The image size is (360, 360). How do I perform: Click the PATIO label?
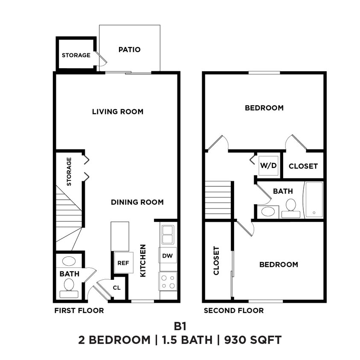click(129, 49)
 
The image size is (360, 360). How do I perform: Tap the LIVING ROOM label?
click(118, 112)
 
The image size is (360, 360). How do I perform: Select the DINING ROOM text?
click(137, 202)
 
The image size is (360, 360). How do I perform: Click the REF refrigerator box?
click(123, 263)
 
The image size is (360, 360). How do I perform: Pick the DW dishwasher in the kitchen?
click(168, 256)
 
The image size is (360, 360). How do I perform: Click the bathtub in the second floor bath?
click(313, 200)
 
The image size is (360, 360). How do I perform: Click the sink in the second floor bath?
click(268, 211)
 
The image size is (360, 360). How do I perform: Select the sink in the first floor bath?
click(69, 261)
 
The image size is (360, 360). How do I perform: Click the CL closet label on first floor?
click(116, 287)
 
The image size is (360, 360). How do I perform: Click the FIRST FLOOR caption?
click(79, 311)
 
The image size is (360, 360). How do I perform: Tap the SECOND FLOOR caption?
click(233, 311)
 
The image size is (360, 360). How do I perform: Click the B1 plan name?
click(180, 326)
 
